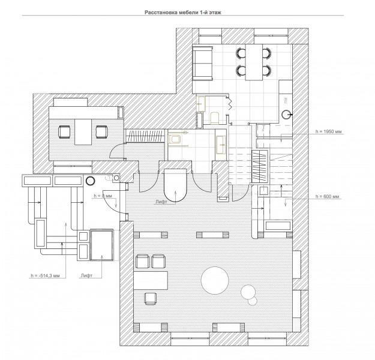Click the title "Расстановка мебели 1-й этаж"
pyautogui.click(x=183, y=13)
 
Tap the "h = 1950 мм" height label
pyautogui.click(x=328, y=131)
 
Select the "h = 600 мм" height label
pyautogui.click(x=327, y=196)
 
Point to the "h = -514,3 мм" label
pyautogui.click(x=45, y=275)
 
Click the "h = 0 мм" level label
pyautogui.click(x=103, y=196)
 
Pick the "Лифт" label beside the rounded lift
pyautogui.click(x=161, y=202)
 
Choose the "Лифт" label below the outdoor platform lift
pyautogui.click(x=86, y=275)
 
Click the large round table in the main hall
pyautogui.click(x=215, y=280)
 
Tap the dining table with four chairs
pyautogui.click(x=254, y=62)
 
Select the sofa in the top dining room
pyautogui.click(x=203, y=64)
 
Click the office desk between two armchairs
pyautogui.click(x=83, y=132)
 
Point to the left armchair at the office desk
pyautogui.click(x=64, y=132)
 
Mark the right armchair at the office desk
pyautogui.click(x=102, y=132)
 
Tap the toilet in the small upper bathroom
pyautogui.click(x=215, y=117)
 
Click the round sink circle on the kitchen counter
pyautogui.click(x=286, y=115)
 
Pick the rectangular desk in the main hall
pyautogui.click(x=151, y=280)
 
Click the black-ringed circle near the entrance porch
pyautogui.click(x=91, y=181)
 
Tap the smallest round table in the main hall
pyautogui.click(x=253, y=301)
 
